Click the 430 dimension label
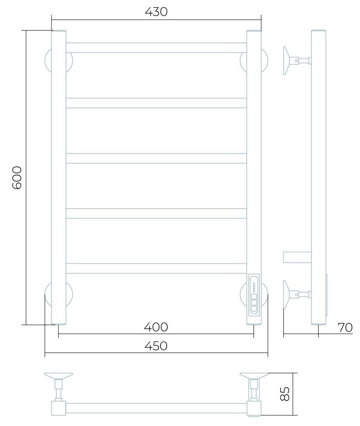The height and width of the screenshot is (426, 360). coord(156,12)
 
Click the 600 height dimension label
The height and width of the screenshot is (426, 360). coord(17,178)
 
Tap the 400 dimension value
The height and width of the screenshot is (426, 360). coord(156,327)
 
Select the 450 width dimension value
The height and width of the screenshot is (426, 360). coord(156,346)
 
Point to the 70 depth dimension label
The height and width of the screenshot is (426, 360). coord(346,327)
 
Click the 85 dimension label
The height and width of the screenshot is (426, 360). coord(285,394)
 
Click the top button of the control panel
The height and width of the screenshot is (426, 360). coord(254,296)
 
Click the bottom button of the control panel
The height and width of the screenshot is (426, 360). coord(254,309)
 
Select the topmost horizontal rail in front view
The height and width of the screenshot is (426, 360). coord(156,47)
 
